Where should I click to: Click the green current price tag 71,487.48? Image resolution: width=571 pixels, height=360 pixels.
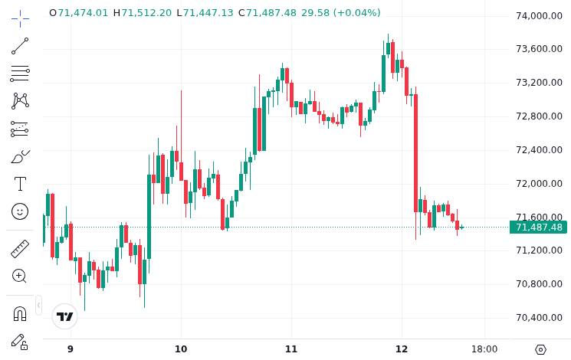[x=539, y=227]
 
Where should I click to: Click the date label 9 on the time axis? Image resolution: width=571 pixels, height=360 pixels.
[x=71, y=349]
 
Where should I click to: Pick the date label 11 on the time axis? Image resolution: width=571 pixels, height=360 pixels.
[x=291, y=349]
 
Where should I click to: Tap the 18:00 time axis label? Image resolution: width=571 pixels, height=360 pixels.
[x=484, y=349]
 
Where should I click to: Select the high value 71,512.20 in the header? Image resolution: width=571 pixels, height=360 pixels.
[x=146, y=13]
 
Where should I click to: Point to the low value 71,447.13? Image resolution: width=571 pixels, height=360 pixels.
[x=209, y=13]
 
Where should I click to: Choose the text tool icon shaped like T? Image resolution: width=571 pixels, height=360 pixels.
[x=20, y=184]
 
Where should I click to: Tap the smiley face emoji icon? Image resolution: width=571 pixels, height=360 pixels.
[x=20, y=211]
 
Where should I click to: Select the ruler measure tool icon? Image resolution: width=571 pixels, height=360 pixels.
[x=20, y=249]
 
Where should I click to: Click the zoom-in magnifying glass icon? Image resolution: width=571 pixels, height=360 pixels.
[x=20, y=276]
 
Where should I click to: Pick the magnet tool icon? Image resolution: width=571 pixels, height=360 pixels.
[x=20, y=313]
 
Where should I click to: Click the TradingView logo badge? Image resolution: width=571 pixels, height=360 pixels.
[x=65, y=316]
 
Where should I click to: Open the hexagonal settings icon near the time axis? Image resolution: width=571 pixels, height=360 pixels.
[x=540, y=349]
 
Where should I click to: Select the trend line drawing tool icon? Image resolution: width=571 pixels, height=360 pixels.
[x=20, y=47]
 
